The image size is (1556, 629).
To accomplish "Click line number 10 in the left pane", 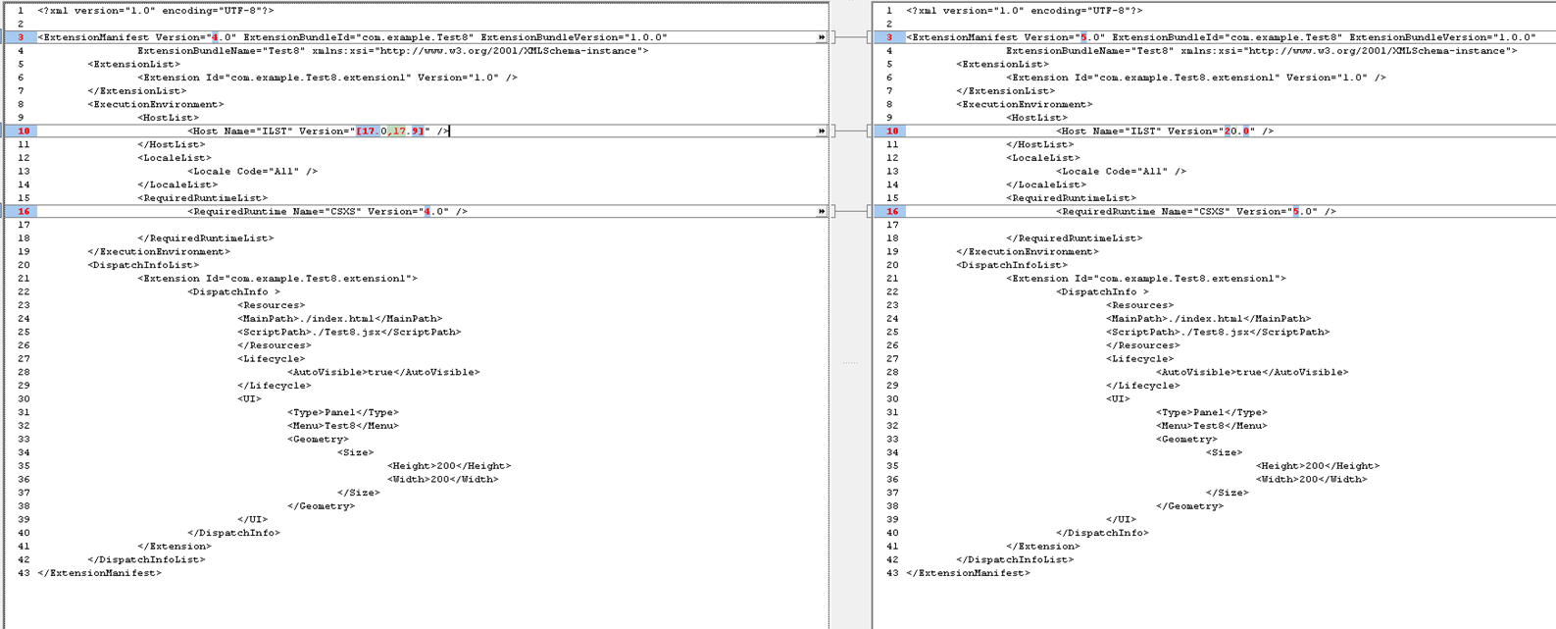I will pyautogui.click(x=24, y=131).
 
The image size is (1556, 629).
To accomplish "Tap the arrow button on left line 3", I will pyautogui.click(x=822, y=37).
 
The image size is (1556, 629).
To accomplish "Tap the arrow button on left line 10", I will pyautogui.click(x=822, y=131).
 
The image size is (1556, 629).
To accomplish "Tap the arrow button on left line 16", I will pyautogui.click(x=822, y=211).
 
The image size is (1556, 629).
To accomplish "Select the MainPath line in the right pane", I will pyautogui.click(x=1208, y=319).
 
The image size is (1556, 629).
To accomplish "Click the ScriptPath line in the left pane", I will pyautogui.click(x=348, y=332).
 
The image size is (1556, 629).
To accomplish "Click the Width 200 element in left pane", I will pyautogui.click(x=442, y=480).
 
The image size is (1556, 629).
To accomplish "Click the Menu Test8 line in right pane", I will pyautogui.click(x=1211, y=426).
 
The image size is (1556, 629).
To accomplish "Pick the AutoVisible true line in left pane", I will pyautogui.click(x=383, y=373).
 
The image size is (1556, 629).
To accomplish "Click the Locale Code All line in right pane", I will pyautogui.click(x=1121, y=172).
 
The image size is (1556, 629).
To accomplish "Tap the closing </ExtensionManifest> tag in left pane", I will pyautogui.click(x=99, y=573).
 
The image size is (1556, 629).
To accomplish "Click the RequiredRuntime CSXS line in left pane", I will pyautogui.click(x=326, y=212).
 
